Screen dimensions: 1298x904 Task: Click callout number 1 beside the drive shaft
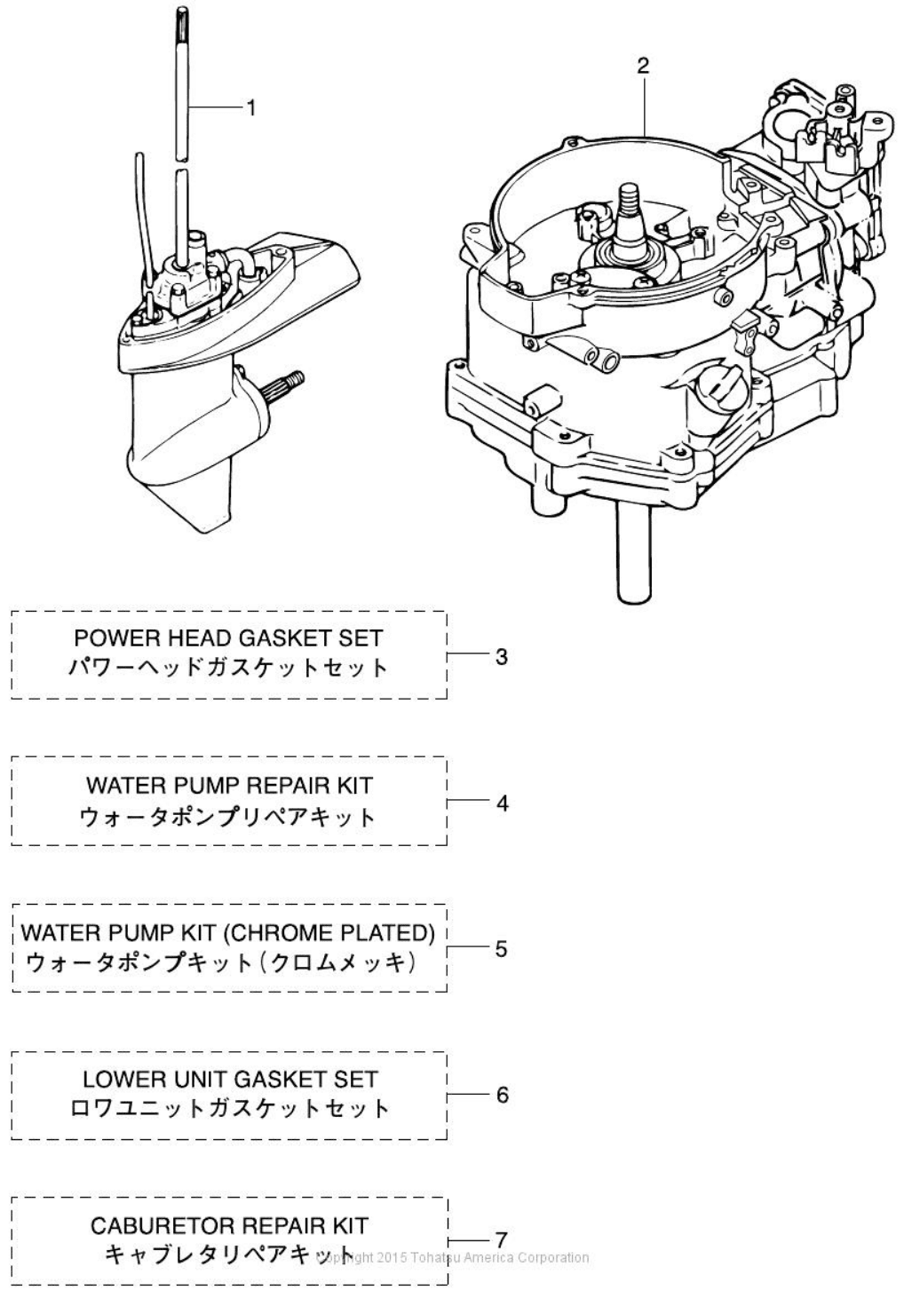tap(250, 107)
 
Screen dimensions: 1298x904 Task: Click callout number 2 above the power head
tap(643, 66)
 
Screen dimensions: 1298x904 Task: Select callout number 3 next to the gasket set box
tap(502, 657)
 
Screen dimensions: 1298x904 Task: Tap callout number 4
tap(502, 803)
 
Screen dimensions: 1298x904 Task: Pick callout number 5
tap(502, 949)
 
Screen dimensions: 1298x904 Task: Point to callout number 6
tap(502, 1095)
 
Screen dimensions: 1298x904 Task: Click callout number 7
tap(501, 1239)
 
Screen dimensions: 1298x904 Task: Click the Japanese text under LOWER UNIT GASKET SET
tap(229, 1109)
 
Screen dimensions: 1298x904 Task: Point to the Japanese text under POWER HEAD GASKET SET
tap(229, 668)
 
